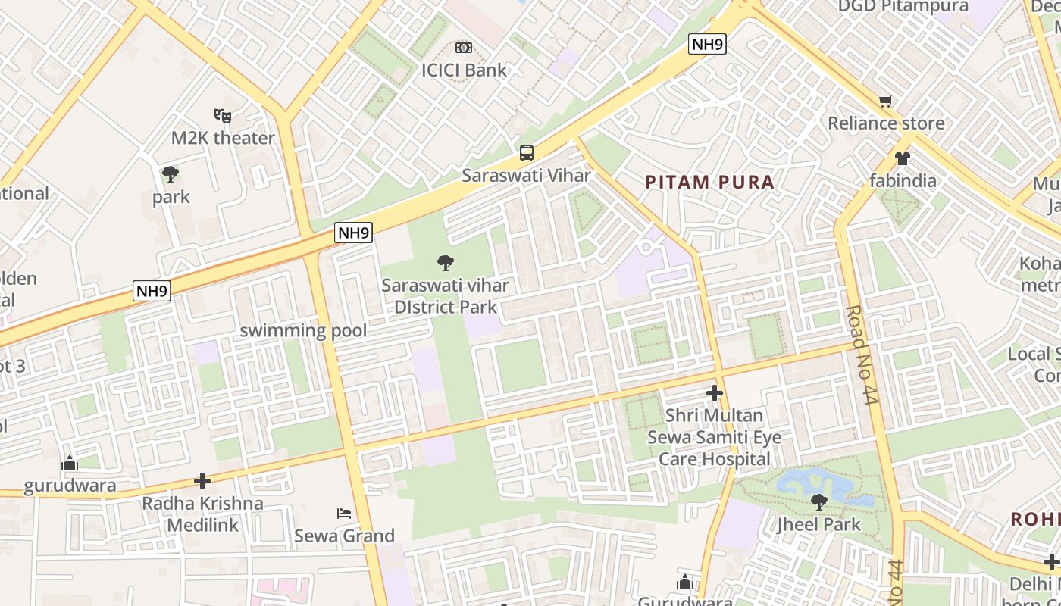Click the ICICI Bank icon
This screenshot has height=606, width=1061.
[x=464, y=48]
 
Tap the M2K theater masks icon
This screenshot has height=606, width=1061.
[x=222, y=116]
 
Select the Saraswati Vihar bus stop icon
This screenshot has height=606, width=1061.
[x=526, y=153]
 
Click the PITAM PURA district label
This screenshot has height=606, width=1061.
[x=709, y=182]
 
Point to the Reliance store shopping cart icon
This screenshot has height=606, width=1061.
[x=885, y=101]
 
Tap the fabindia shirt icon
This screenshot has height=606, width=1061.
[x=902, y=158]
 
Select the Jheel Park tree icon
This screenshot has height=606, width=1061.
[x=818, y=501]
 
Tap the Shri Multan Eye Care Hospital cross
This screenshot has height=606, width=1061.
[x=714, y=393]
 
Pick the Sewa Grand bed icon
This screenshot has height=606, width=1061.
[x=344, y=514]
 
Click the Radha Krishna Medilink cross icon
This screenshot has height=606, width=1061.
[x=202, y=481]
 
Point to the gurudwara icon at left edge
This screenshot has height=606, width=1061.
[x=70, y=463]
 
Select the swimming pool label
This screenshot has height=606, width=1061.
[x=303, y=330]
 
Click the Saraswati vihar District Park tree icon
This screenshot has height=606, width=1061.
[x=446, y=263]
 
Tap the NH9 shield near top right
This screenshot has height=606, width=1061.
[x=708, y=45]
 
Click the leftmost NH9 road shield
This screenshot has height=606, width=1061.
[x=152, y=291]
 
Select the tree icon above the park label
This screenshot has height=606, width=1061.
[x=171, y=174]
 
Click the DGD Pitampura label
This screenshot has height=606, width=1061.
[x=903, y=7]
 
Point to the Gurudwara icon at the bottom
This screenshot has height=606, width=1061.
[x=685, y=582]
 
